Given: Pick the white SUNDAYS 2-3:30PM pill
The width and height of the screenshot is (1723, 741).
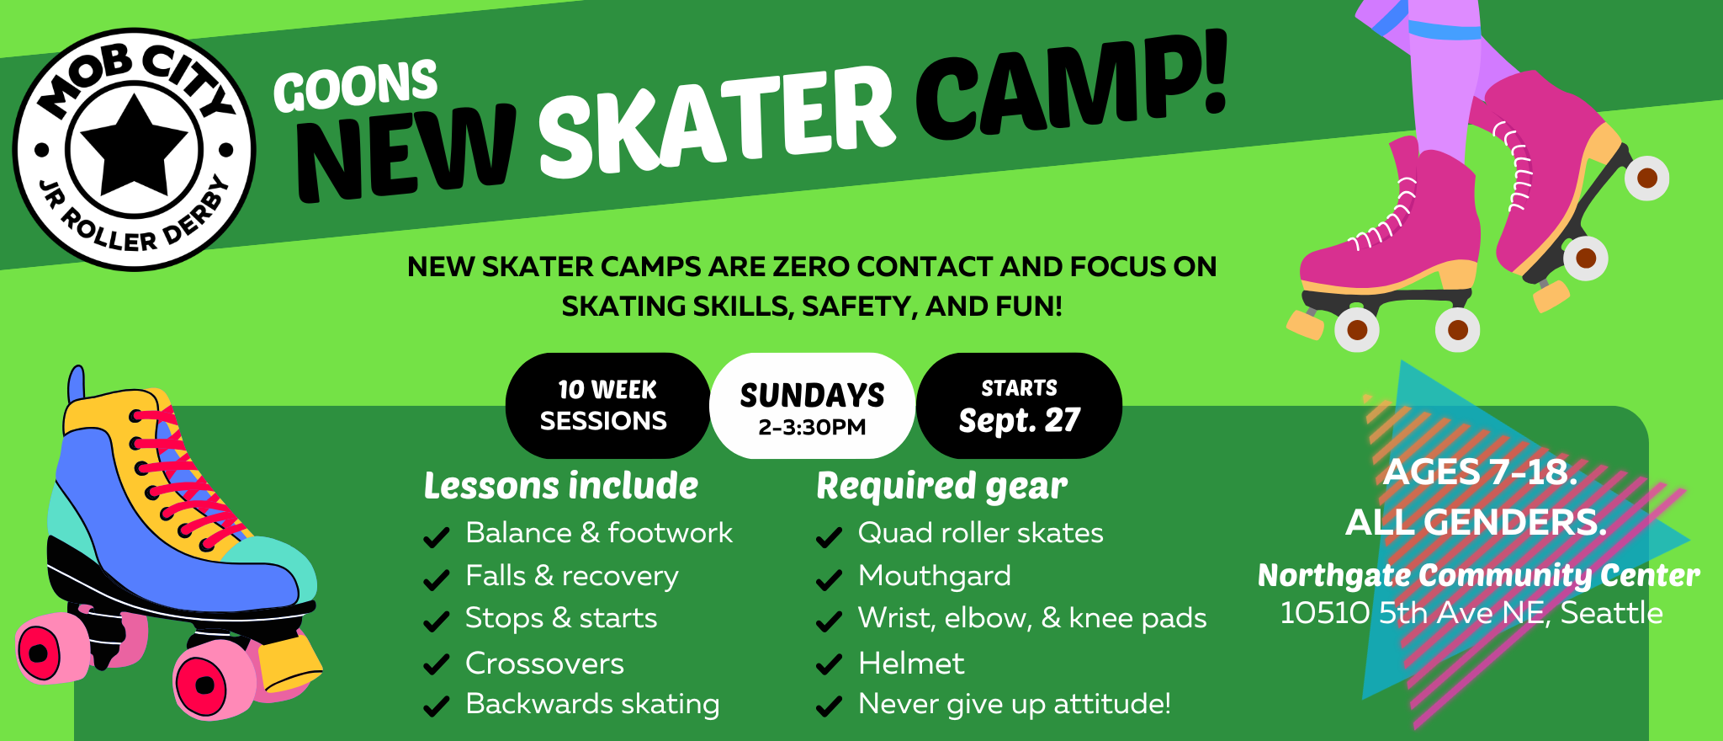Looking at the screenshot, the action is click(x=813, y=405).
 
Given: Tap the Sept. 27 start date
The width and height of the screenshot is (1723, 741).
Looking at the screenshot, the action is click(x=1020, y=420).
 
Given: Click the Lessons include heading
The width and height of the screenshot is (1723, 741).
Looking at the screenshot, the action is click(x=561, y=486).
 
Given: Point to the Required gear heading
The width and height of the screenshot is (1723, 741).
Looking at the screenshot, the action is click(x=941, y=487).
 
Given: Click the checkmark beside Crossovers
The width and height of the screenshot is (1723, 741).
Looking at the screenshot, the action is click(x=436, y=665).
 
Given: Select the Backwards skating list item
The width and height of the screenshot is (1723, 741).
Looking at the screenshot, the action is click(x=592, y=704).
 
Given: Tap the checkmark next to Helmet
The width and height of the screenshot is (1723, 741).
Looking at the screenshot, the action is click(x=829, y=665).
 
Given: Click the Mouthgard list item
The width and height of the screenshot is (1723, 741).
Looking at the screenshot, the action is click(x=935, y=576).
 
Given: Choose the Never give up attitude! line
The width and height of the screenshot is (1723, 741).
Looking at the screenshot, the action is click(x=1015, y=704).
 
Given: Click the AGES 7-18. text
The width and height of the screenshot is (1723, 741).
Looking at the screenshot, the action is click(x=1480, y=472).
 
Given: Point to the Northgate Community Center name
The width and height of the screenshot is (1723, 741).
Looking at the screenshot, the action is click(x=1478, y=575).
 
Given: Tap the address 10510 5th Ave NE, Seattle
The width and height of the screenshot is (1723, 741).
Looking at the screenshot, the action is click(x=1471, y=613).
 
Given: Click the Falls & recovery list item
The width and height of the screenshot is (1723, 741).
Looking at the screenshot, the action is click(x=572, y=576).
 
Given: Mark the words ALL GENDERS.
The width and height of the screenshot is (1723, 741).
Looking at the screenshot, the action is click(x=1476, y=522).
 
